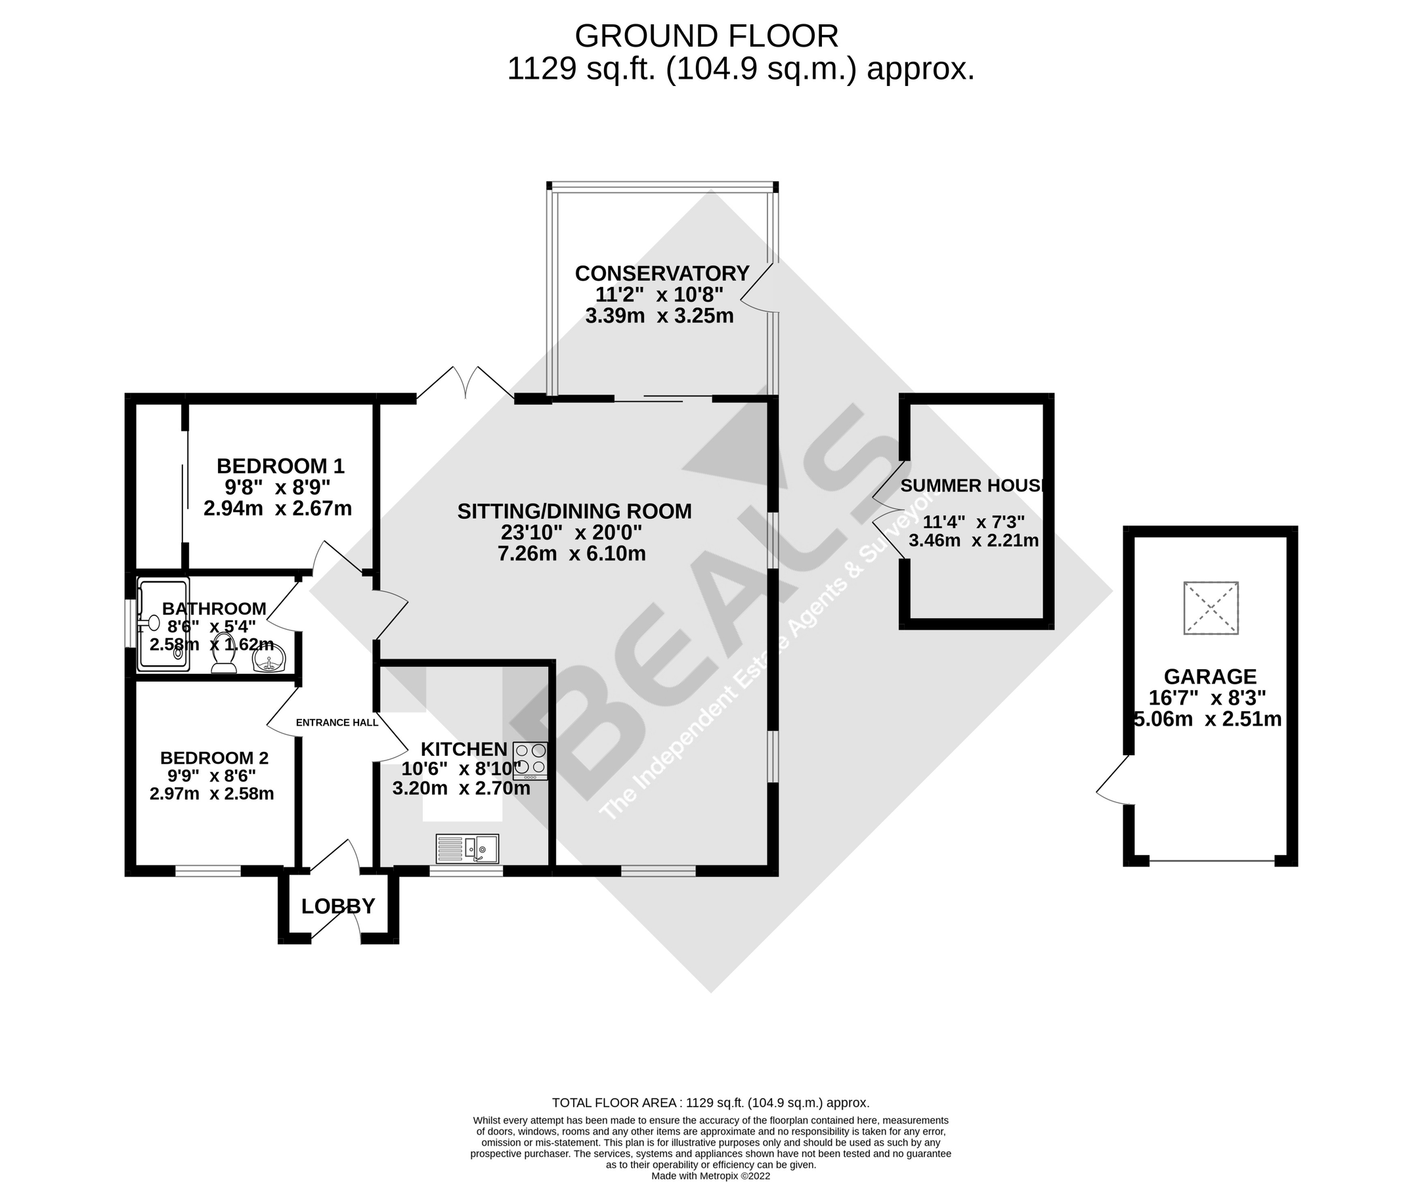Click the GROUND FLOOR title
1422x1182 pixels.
pyautogui.click(x=706, y=37)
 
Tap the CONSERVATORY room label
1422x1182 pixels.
pyautogui.click(x=662, y=274)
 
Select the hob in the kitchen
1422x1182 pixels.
pyautogui.click(x=530, y=760)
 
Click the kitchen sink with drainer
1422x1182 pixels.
pyautogui.click(x=467, y=848)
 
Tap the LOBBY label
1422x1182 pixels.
pyautogui.click(x=338, y=906)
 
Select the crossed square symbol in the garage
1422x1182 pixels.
pyautogui.click(x=1211, y=607)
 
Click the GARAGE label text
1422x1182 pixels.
pyautogui.click(x=1210, y=676)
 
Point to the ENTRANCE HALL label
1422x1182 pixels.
pyautogui.click(x=337, y=723)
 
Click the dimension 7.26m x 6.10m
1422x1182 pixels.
pyautogui.click(x=572, y=554)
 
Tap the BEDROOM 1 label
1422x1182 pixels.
pyautogui.click(x=280, y=466)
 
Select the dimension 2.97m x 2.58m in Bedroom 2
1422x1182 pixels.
pyautogui.click(x=211, y=793)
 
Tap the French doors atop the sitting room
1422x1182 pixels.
pyautogui.click(x=465, y=383)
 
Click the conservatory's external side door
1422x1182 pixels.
pyautogui.click(x=758, y=288)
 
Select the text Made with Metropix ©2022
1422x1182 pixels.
pyautogui.click(x=710, y=1176)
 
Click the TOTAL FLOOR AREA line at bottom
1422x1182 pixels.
pyautogui.click(x=710, y=1103)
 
